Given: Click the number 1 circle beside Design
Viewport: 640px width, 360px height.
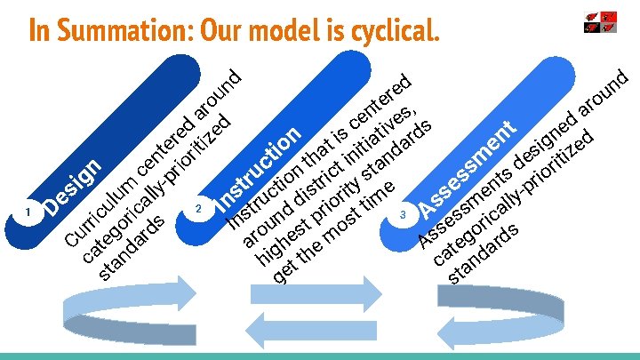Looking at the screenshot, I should (x=29, y=212).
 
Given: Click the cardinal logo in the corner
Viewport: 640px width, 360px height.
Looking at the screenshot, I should (x=599, y=22).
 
